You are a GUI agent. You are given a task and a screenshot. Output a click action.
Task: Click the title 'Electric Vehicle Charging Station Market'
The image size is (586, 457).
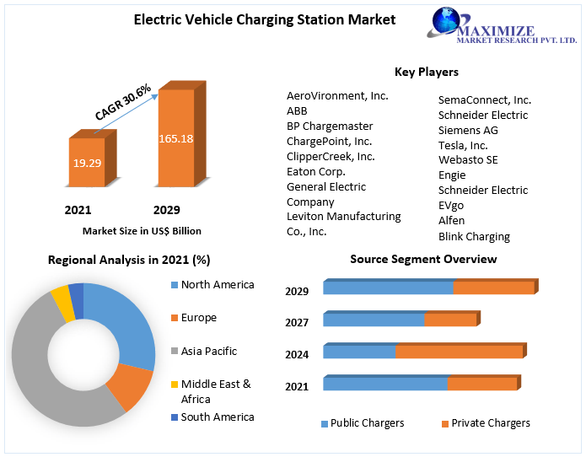pos(265,19)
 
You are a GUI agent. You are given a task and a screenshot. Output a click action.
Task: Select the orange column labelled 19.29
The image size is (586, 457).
pos(86,162)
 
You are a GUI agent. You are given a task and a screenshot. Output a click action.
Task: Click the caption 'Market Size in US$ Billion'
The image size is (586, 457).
pos(142,230)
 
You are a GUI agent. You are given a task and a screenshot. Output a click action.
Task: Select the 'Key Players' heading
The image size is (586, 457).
pos(427,72)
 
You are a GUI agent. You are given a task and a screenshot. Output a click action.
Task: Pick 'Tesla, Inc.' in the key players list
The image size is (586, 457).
pos(463,145)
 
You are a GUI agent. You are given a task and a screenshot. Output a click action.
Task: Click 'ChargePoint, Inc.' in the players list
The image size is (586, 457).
pos(329,141)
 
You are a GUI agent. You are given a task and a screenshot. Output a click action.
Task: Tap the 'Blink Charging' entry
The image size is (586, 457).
pos(474,237)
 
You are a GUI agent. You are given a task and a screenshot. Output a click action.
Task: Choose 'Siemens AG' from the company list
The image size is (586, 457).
pos(468,130)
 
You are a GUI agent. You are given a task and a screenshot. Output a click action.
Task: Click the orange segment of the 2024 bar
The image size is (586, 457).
pos(460,352)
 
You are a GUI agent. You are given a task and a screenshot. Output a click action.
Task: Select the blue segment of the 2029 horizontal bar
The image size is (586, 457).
pos(388,288)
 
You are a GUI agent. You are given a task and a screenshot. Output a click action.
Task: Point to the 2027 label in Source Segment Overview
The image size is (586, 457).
pos(297,322)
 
